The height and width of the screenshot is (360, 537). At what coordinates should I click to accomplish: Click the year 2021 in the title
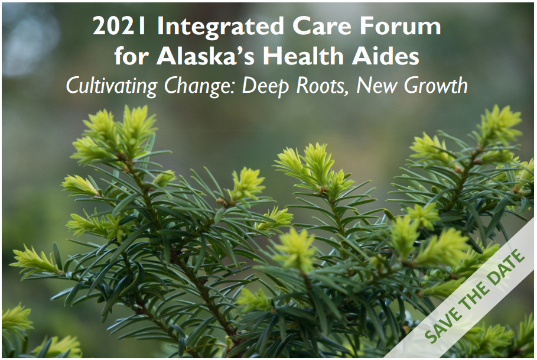119,27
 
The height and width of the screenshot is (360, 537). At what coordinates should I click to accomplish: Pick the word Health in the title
303,56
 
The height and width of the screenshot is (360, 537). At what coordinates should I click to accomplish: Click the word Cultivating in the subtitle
112,86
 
